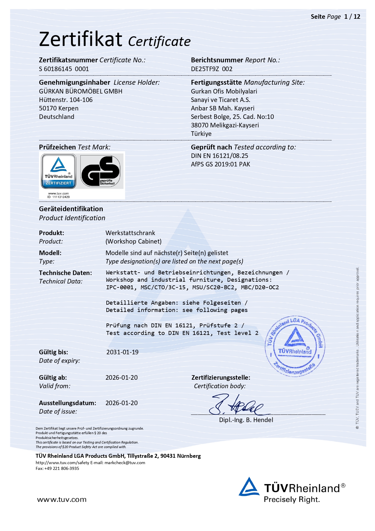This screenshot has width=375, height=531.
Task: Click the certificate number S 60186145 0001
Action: (x=64, y=69)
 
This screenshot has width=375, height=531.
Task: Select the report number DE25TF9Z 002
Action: (x=212, y=69)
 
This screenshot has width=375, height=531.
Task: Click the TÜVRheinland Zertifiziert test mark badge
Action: (x=59, y=171)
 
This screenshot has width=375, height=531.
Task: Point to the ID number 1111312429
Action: (x=61, y=197)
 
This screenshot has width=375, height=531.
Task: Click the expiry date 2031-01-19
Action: (x=122, y=352)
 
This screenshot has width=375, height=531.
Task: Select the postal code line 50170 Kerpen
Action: (x=59, y=108)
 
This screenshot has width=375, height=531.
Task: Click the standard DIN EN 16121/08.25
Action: (x=219, y=156)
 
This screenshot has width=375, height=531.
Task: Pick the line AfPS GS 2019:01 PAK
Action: (x=221, y=164)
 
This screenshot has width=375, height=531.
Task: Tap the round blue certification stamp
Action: (x=295, y=346)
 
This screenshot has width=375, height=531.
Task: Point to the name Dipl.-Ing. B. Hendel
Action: (x=246, y=420)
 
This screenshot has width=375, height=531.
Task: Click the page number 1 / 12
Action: (x=352, y=17)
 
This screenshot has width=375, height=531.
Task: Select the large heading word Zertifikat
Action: (x=81, y=39)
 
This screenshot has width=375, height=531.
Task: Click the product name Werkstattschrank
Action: (x=130, y=233)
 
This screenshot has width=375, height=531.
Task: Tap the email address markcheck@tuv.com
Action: (x=125, y=463)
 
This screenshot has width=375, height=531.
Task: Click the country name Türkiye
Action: (x=201, y=134)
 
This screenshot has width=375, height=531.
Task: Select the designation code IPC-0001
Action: (x=120, y=287)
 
